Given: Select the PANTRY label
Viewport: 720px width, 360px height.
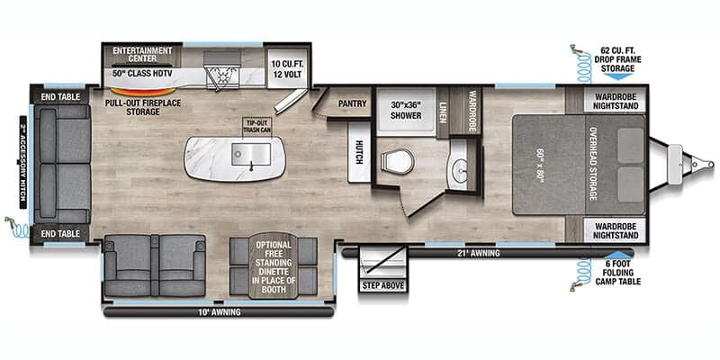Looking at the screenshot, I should [352, 103].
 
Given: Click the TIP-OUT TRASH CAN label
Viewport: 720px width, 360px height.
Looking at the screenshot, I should [257, 126].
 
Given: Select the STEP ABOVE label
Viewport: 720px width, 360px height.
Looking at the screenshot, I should [384, 285].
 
